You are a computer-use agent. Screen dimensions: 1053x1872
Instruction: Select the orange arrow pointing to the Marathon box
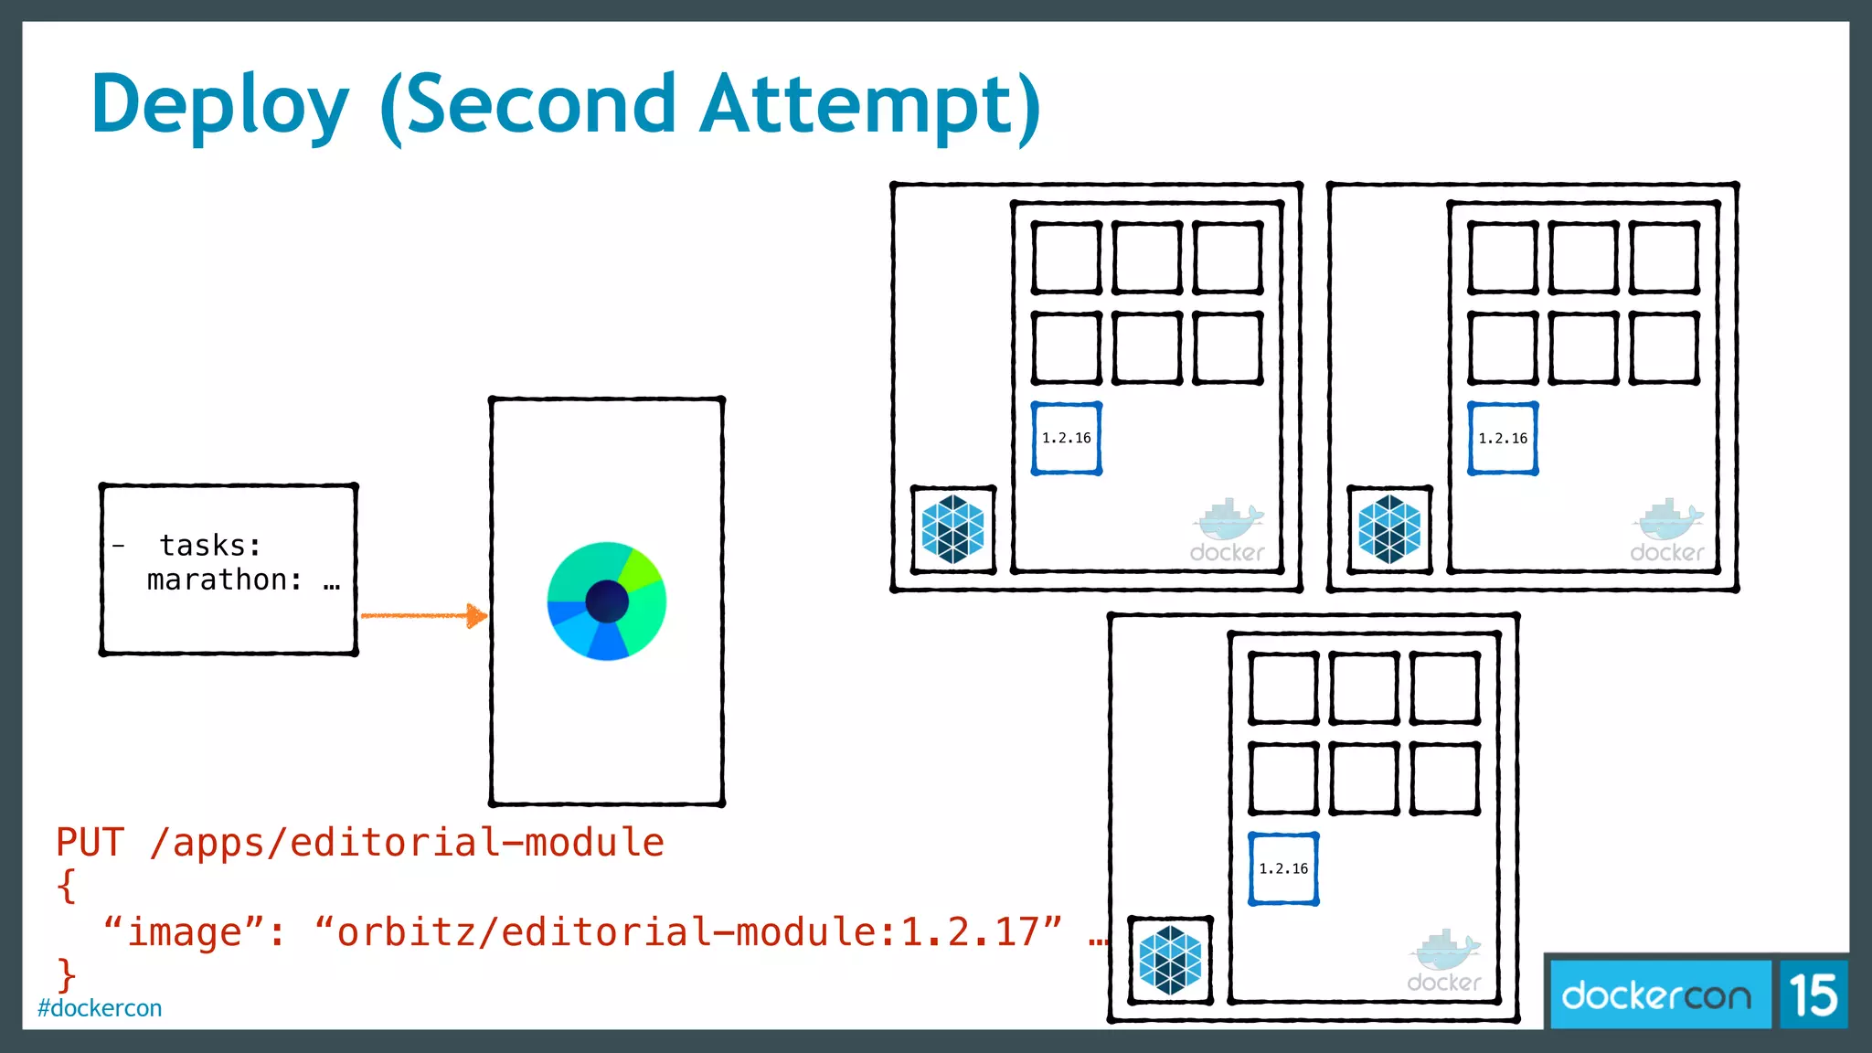tap(423, 615)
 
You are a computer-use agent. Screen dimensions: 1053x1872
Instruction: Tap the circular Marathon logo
tap(607, 601)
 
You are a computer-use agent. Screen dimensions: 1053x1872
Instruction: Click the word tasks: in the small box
tap(210, 546)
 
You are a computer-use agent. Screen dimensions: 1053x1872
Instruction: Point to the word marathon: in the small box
tap(225, 580)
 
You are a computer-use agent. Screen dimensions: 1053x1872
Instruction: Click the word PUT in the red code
tap(90, 843)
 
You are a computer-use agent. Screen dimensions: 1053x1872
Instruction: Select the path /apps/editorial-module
tap(407, 843)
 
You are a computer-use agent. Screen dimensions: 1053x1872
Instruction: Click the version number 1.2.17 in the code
tap(970, 932)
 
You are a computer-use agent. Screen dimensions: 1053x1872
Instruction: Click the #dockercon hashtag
tap(100, 1008)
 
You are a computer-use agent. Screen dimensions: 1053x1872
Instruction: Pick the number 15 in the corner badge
tap(1813, 994)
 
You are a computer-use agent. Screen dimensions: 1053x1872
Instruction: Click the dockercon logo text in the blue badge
tap(1656, 994)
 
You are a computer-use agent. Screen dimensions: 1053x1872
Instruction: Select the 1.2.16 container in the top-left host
tap(1067, 439)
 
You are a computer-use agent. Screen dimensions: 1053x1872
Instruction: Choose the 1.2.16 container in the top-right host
tap(1503, 439)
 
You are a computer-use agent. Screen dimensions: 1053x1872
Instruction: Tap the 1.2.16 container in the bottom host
tap(1283, 869)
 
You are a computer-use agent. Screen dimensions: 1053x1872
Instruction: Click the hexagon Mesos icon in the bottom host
tap(1170, 960)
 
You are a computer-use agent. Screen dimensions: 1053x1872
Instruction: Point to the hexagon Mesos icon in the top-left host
tap(952, 529)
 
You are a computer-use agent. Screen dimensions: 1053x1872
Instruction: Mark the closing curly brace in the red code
tap(66, 974)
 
